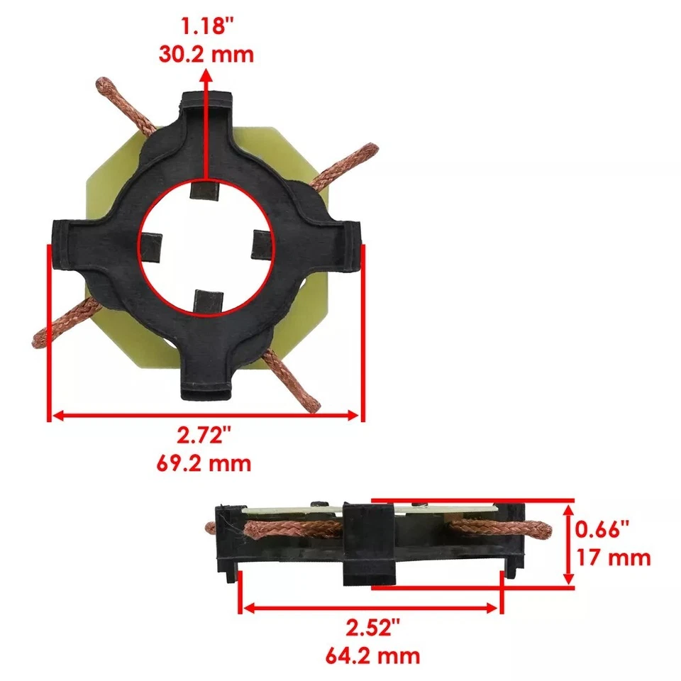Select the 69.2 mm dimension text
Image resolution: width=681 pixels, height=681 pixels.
pos(203,464)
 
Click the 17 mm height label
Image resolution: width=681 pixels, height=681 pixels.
pos(613,557)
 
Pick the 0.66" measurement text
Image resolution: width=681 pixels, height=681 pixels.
pos(602,529)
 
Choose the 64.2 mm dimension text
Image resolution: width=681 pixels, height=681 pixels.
pos(372,654)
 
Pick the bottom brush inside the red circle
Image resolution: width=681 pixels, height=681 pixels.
pos(207,301)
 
